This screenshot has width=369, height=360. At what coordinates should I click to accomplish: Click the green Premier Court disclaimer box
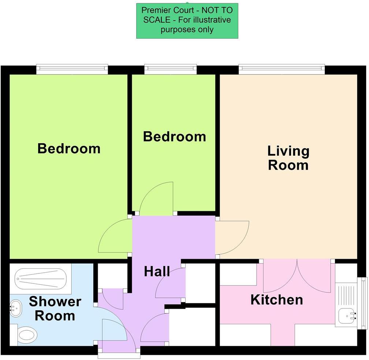tap(187, 21)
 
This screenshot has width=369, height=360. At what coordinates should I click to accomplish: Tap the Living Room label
tap(288, 158)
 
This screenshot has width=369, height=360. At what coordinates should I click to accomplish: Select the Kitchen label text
tap(277, 300)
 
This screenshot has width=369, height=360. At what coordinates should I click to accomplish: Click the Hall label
tap(157, 272)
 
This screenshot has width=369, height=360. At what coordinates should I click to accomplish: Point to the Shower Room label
tap(55, 308)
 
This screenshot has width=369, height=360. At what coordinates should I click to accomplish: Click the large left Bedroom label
tap(69, 149)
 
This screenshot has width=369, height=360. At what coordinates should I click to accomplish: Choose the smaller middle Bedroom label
tap(174, 137)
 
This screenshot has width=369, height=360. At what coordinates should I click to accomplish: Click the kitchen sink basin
tap(347, 316)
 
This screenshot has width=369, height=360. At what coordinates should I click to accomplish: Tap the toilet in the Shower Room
tap(26, 334)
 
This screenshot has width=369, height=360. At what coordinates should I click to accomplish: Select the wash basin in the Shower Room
tap(15, 308)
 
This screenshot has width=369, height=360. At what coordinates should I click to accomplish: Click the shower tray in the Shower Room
tap(40, 280)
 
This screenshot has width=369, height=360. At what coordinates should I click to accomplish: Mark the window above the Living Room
tap(282, 69)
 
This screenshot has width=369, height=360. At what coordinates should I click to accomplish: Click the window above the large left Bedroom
tap(72, 69)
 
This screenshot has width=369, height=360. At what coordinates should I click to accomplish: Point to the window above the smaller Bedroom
tap(170, 69)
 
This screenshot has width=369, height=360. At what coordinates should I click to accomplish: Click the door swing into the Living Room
tap(232, 238)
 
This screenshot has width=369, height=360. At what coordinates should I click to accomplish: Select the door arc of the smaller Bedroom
tap(156, 199)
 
